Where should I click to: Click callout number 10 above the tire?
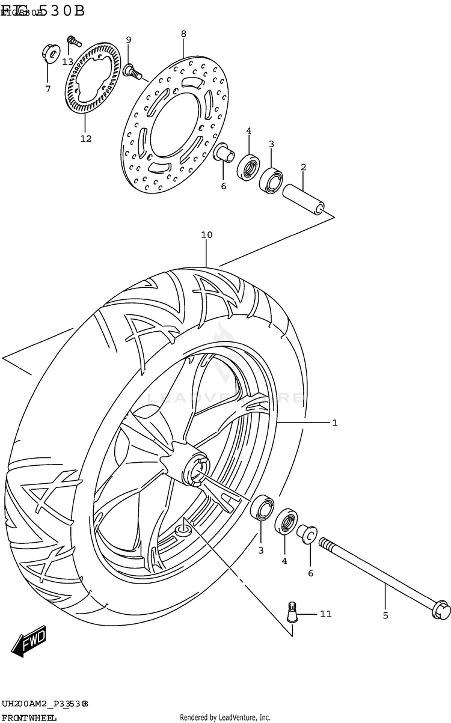point(206,235)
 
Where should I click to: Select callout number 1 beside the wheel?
point(334,423)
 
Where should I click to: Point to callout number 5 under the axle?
point(385,615)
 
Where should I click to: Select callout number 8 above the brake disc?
point(183,34)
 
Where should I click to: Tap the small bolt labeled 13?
point(74,41)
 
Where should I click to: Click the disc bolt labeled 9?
point(132,73)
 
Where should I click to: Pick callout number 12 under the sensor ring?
point(85,139)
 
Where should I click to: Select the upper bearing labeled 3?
point(271,179)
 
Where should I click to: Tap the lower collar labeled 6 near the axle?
point(307,533)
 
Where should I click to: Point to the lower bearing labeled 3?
point(261,507)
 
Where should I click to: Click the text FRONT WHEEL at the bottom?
point(29,717)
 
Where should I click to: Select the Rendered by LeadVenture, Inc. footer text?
point(225,717)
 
